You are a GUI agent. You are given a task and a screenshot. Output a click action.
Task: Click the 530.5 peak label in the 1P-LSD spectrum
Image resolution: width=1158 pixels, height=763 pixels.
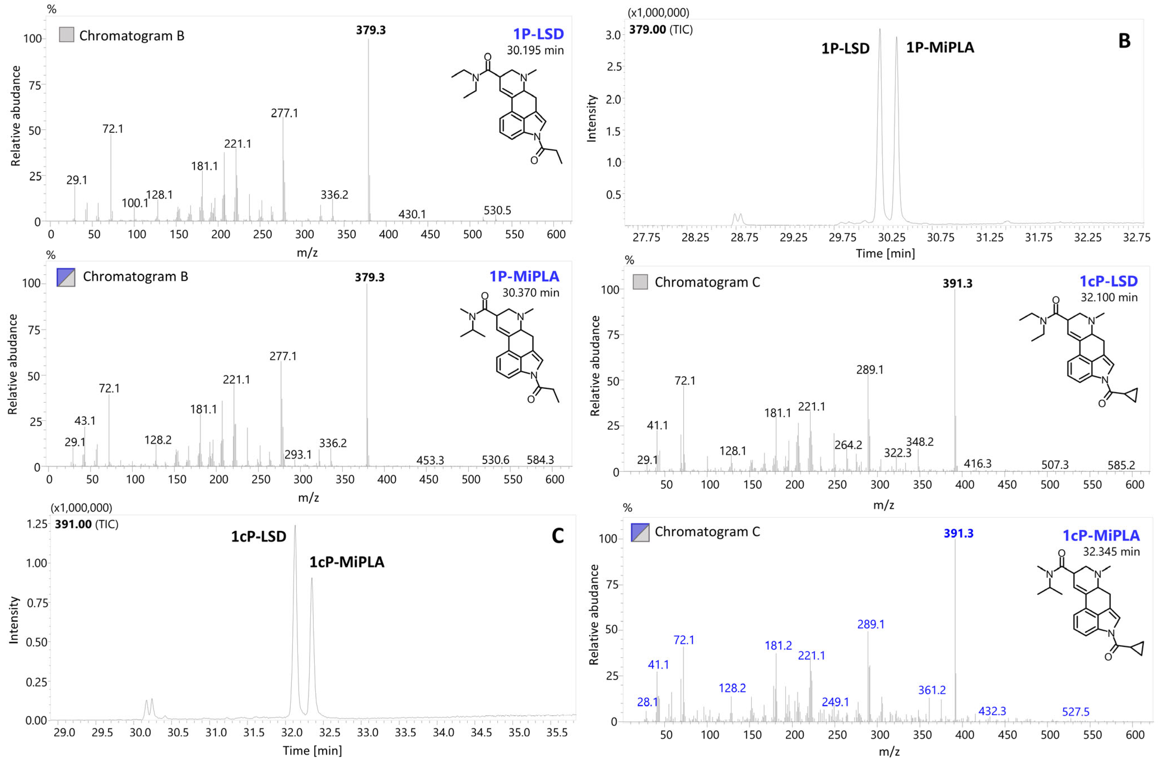497,210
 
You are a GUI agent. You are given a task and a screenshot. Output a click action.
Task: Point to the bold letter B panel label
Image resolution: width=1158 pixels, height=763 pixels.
1124,41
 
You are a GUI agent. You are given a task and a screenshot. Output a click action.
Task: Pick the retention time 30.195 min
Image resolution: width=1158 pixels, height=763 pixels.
535,50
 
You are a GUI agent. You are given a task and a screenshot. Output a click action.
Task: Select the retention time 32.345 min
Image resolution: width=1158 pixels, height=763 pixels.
1111,552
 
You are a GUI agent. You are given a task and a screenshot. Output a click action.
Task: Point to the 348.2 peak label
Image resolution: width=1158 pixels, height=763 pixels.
920,442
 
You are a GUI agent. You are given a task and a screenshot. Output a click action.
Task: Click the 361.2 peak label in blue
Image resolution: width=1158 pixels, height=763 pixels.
932,690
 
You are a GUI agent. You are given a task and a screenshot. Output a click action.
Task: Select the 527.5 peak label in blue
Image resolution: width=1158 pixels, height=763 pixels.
1075,712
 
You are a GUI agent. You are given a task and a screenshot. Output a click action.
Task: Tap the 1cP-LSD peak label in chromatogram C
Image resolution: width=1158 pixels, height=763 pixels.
258,537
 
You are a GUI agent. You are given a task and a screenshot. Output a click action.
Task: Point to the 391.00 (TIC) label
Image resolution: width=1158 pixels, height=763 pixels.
86,525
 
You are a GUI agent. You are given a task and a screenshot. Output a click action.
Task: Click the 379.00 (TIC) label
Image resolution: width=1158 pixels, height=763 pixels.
660,30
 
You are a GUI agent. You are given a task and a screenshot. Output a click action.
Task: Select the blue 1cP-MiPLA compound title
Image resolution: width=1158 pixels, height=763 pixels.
1101,535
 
